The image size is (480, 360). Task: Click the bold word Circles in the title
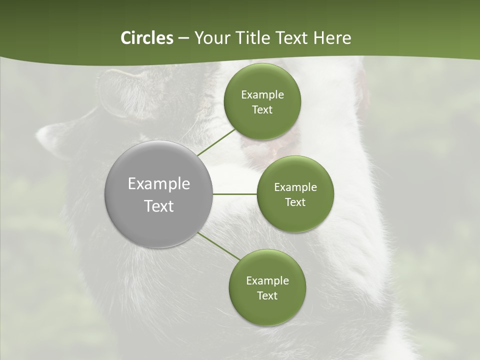[146, 38]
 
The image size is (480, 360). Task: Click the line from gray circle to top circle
[216, 142]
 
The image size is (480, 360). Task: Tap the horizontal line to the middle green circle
[234, 194]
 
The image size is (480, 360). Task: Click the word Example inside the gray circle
[159, 184]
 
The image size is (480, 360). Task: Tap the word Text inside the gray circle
[159, 206]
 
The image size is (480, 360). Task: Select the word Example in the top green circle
[262, 95]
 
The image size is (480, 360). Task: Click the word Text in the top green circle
[262, 110]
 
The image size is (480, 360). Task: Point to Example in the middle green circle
[295, 187]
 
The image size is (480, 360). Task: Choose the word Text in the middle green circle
[295, 202]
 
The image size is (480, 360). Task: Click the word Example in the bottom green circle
[267, 281]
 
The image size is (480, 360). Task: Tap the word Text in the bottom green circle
[267, 296]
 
